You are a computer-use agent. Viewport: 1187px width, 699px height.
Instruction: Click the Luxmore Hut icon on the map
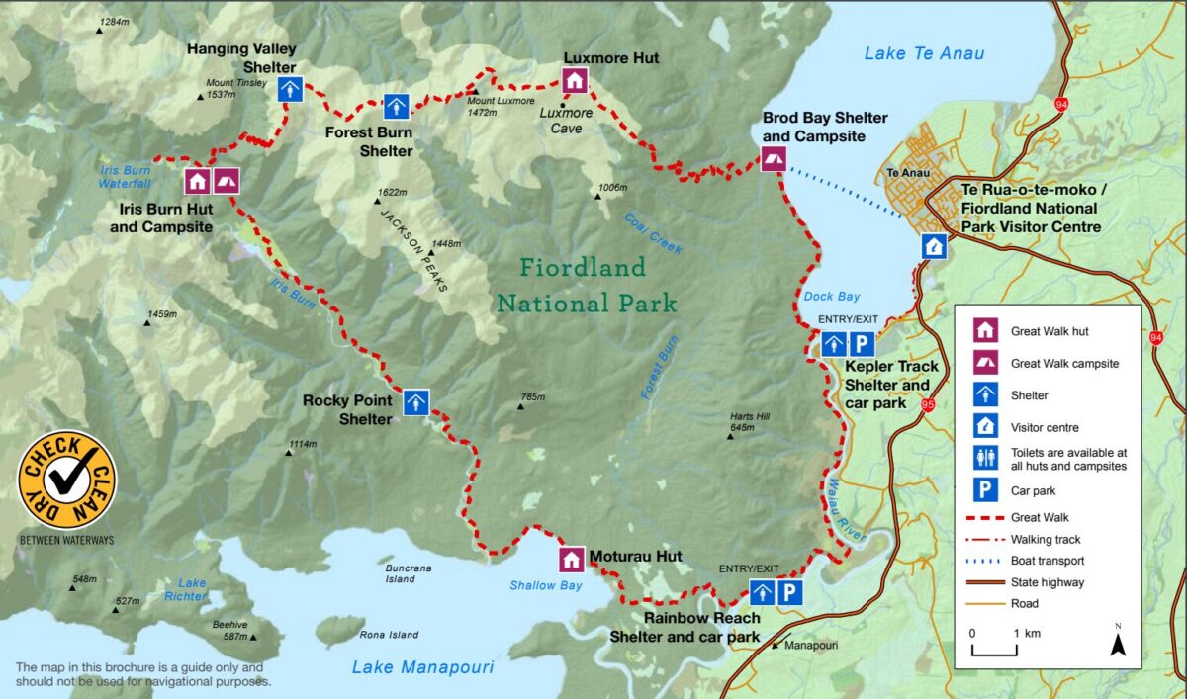pyautogui.click(x=574, y=81)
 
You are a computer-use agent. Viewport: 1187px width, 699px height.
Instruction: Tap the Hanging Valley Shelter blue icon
pyautogui.click(x=289, y=90)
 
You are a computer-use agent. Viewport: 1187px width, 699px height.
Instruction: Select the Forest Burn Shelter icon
pyautogui.click(x=397, y=106)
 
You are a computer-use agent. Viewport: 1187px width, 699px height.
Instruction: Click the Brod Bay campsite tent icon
pyautogui.click(x=773, y=159)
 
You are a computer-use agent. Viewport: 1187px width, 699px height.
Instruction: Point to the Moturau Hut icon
pyautogui.click(x=571, y=560)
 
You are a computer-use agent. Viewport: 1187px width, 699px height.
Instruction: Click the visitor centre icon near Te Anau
pyautogui.click(x=933, y=246)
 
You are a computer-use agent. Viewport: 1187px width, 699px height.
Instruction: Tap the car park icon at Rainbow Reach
pyautogui.click(x=788, y=592)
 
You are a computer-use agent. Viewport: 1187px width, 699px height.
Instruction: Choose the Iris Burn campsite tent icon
pyautogui.click(x=226, y=181)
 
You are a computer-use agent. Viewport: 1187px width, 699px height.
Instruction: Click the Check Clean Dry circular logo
pyautogui.click(x=67, y=481)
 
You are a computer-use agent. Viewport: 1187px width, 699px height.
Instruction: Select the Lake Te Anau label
pyautogui.click(x=924, y=53)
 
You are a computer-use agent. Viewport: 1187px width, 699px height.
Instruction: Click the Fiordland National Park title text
pyautogui.click(x=586, y=284)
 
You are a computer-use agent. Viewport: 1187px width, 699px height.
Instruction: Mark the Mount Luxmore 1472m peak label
pyautogui.click(x=498, y=106)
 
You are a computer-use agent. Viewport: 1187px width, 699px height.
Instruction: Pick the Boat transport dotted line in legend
pyautogui.click(x=984, y=561)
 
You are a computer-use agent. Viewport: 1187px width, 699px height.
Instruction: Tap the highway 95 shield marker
pyautogui.click(x=927, y=402)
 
